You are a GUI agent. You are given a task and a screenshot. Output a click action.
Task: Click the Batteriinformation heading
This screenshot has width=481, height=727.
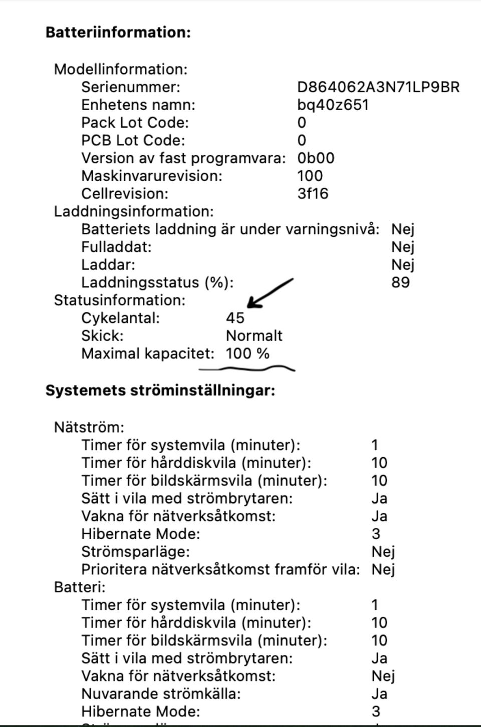click(x=118, y=33)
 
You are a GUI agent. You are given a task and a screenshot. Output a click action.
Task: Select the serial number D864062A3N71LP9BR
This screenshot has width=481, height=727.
click(x=378, y=87)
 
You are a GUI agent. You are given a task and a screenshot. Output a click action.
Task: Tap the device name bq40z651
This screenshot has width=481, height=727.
click(x=333, y=105)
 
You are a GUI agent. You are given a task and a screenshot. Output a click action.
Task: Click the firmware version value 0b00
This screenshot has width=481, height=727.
click(x=316, y=158)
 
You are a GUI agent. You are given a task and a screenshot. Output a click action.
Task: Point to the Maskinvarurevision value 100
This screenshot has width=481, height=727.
click(x=310, y=176)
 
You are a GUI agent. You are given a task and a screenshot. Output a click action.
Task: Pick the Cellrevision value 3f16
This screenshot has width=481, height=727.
click(x=313, y=194)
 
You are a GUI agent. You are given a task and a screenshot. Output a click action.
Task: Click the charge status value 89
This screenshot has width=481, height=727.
click(x=400, y=282)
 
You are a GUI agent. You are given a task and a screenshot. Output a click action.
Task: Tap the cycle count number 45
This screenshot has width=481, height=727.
click(x=235, y=318)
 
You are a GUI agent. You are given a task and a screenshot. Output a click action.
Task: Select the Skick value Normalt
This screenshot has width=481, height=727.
click(x=254, y=336)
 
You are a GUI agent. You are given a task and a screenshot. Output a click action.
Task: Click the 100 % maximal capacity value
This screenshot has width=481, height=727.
click(x=248, y=353)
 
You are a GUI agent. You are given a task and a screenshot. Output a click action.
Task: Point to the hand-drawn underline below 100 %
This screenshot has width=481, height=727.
click(x=247, y=370)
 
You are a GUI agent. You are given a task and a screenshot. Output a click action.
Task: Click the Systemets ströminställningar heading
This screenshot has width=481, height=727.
click(x=160, y=391)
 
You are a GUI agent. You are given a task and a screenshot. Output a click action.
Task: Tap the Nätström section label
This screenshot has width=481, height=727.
click(x=89, y=428)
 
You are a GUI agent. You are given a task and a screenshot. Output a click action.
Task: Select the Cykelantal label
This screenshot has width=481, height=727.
click(x=120, y=318)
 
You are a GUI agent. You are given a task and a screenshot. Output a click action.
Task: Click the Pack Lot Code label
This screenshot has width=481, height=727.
click(x=135, y=123)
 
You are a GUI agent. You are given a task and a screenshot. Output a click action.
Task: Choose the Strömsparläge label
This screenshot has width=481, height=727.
click(x=135, y=552)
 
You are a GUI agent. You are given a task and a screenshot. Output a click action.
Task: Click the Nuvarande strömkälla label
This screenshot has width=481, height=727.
click(x=161, y=694)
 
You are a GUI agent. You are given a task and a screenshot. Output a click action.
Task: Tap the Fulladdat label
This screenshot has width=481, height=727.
click(x=116, y=247)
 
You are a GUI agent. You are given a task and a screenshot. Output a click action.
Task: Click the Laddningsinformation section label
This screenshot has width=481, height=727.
click(x=134, y=211)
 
